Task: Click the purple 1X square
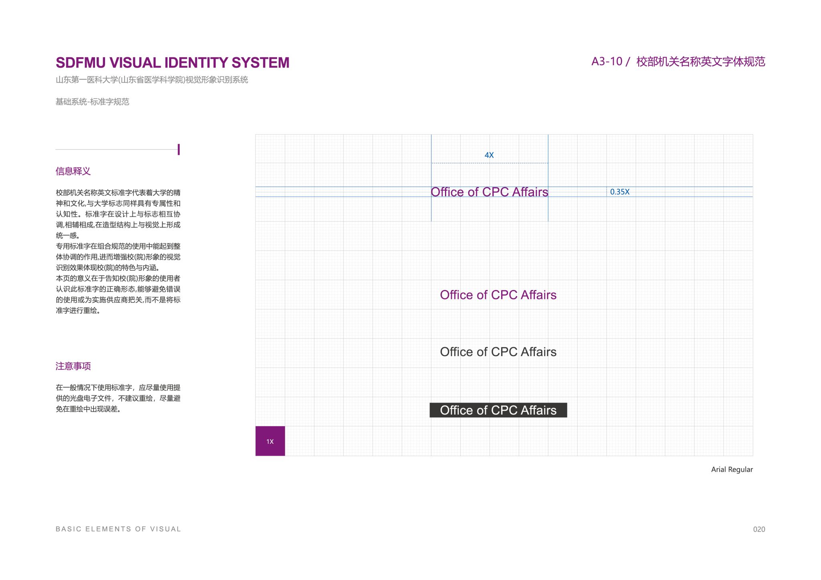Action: (270, 441)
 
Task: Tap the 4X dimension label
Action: (489, 155)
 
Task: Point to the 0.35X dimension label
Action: (620, 192)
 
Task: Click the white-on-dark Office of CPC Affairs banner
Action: (498, 410)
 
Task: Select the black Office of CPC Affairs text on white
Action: (498, 352)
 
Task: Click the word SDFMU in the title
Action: (81, 63)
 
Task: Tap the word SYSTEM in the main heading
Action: (261, 63)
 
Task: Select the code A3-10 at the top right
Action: (607, 62)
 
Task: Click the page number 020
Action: (759, 529)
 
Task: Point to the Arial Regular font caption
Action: (732, 469)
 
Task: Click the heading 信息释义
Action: (73, 171)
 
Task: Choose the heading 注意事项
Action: (73, 366)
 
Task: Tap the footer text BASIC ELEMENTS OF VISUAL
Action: (118, 529)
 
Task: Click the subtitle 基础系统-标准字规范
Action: (92, 102)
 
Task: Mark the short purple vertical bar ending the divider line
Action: (179, 149)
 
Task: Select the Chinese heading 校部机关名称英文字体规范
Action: (701, 62)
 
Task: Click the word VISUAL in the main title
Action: (135, 63)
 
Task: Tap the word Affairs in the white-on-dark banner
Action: (538, 410)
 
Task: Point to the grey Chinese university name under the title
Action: (152, 80)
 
